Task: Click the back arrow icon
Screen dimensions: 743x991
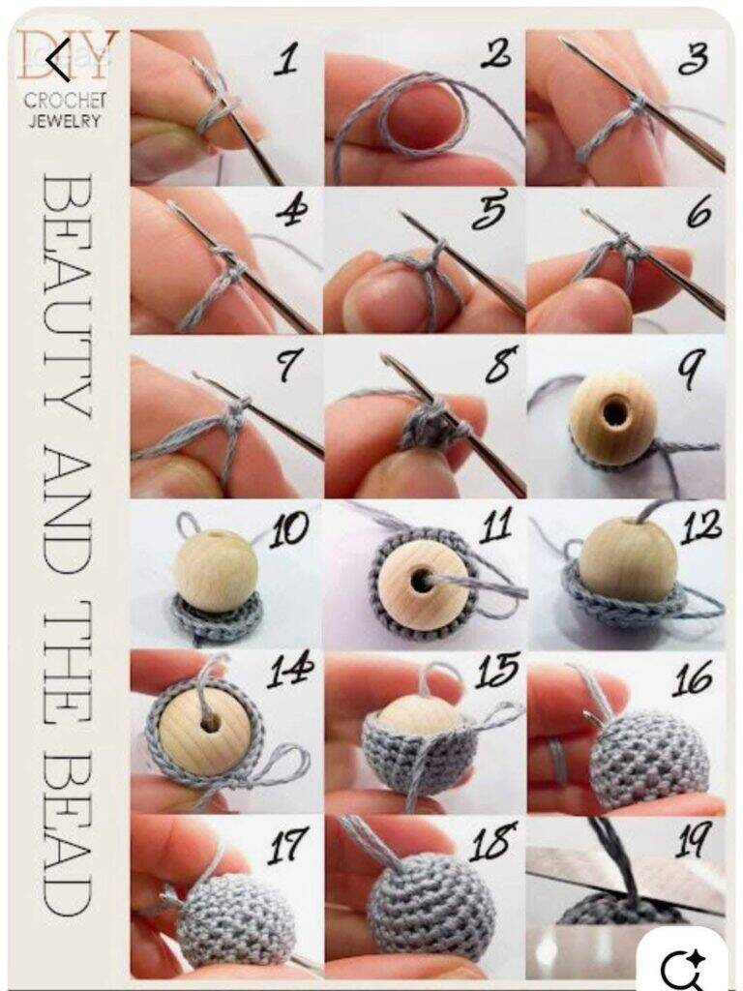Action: click(x=58, y=59)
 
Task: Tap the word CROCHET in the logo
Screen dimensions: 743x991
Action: click(x=65, y=100)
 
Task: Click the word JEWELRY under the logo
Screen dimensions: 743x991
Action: click(x=65, y=120)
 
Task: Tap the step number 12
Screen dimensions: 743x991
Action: click(x=701, y=527)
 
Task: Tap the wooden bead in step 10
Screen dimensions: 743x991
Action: click(x=216, y=571)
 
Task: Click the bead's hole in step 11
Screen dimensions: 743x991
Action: click(x=420, y=580)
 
